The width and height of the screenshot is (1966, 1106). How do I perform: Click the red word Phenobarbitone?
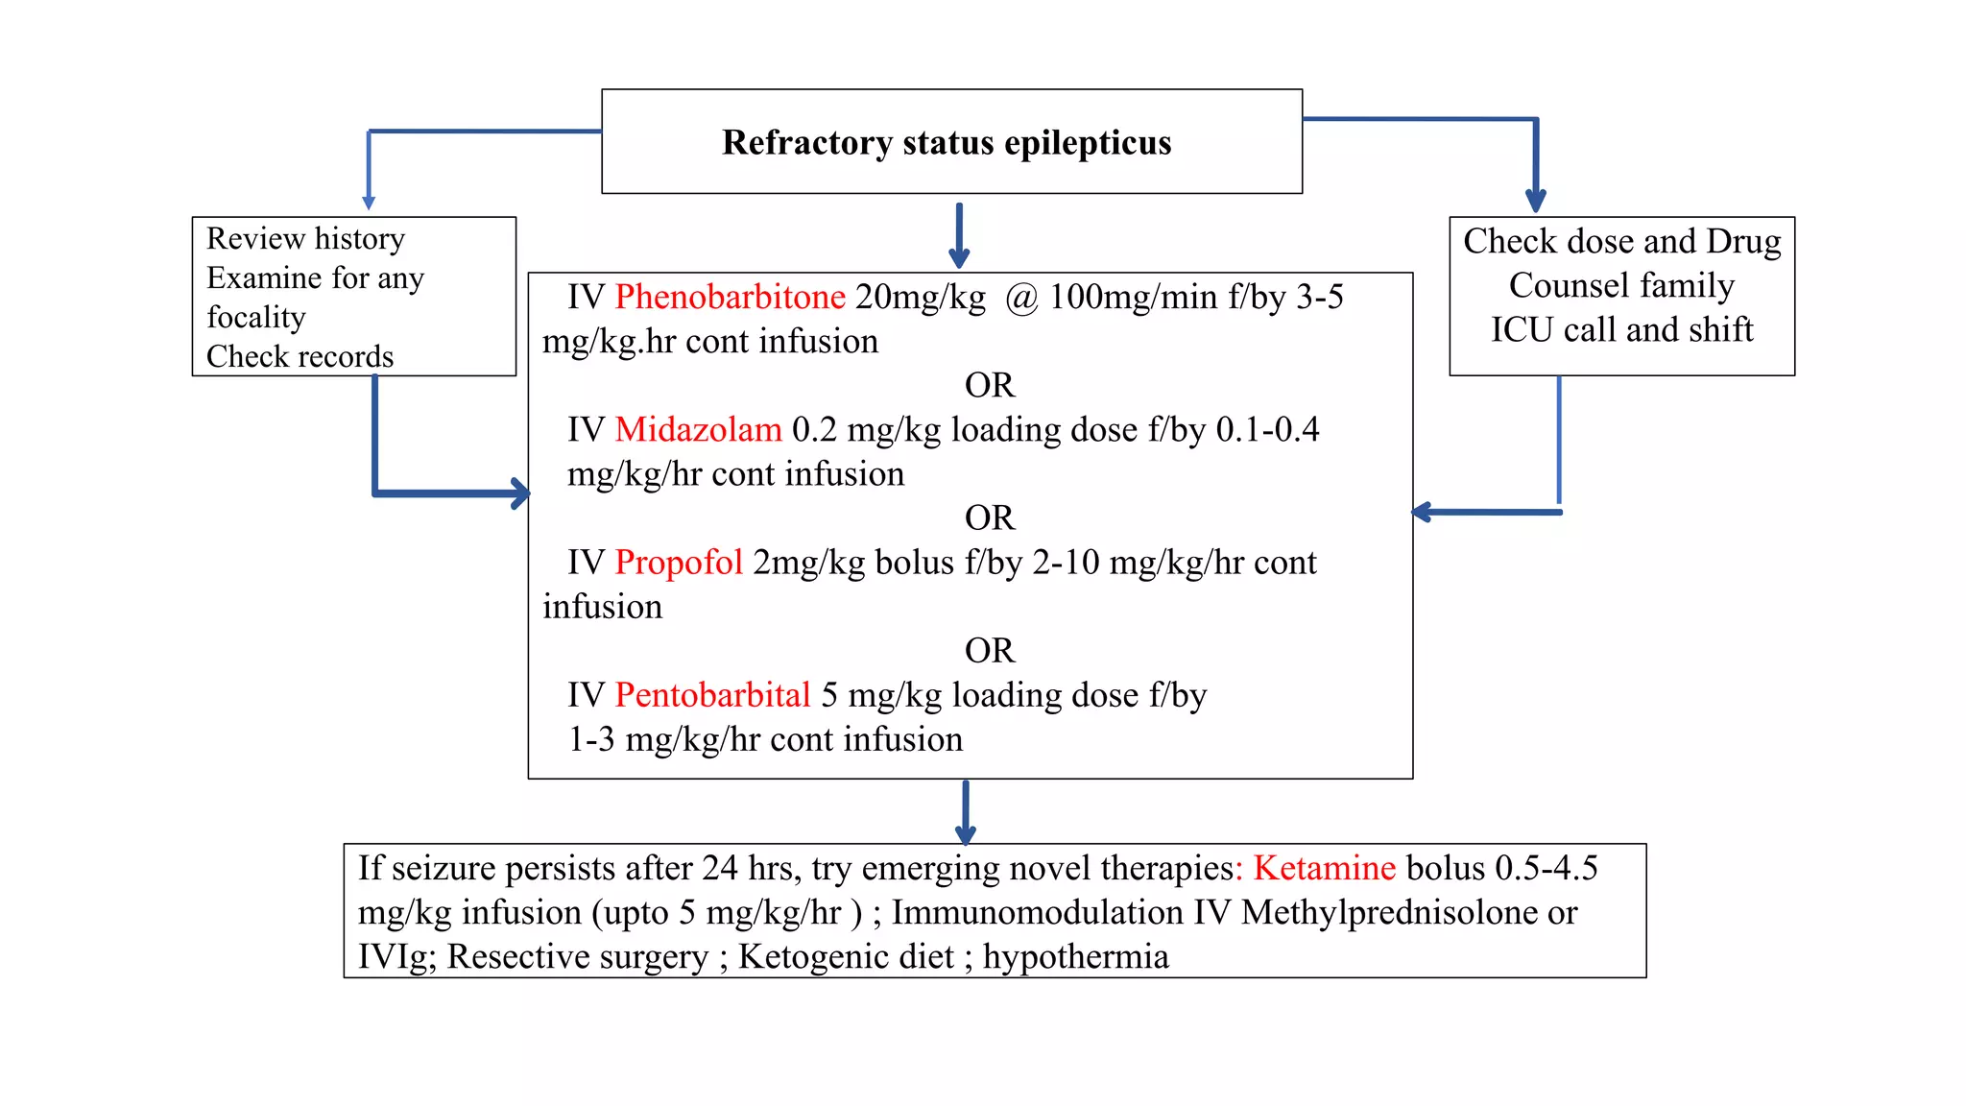[x=730, y=298]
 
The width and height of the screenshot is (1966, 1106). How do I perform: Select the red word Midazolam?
[x=698, y=430]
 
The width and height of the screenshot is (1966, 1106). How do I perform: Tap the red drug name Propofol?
[x=679, y=563]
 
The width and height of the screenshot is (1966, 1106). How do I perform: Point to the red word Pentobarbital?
[x=712, y=695]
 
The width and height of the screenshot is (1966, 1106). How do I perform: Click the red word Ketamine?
[x=1324, y=868]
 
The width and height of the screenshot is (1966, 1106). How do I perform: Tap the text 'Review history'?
[x=305, y=238]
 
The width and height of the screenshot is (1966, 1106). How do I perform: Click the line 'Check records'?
[x=300, y=356]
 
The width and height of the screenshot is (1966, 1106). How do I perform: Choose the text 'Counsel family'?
[x=1621, y=285]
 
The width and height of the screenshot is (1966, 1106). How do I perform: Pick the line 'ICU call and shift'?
[x=1621, y=329]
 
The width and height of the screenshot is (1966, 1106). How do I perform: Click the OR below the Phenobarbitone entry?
[x=990, y=385]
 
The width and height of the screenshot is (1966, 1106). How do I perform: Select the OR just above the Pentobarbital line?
[x=990, y=651]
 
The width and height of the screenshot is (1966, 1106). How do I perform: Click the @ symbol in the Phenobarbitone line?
[x=1021, y=299]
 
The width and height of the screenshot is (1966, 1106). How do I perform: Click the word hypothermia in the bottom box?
[x=1075, y=957]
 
